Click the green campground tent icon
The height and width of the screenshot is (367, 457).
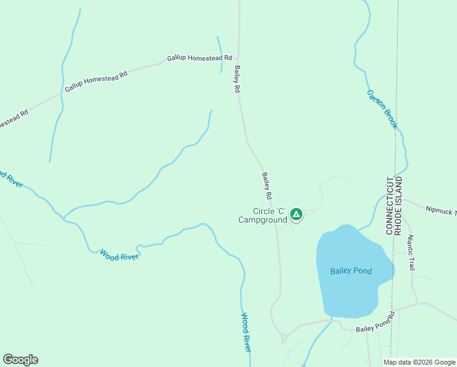[x=296, y=213]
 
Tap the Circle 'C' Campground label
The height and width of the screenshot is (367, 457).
[x=263, y=215]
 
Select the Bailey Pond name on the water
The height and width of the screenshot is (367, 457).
[x=351, y=271]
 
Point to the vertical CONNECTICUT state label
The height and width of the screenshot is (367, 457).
[x=389, y=206]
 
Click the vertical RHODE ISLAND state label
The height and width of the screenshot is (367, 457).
[x=398, y=207]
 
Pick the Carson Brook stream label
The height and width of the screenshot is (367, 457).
[x=382, y=109]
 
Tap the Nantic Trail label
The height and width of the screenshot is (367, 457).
[x=411, y=253]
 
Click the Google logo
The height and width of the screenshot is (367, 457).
[x=20, y=360]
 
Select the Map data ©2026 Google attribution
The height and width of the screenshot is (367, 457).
[x=419, y=362]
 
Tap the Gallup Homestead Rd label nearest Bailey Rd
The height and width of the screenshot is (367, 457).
[x=200, y=58]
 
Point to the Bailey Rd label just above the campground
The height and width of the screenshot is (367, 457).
[x=267, y=187]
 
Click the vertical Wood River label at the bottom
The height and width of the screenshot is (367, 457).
[x=246, y=332]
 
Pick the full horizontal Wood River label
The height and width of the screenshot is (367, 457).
[x=119, y=255]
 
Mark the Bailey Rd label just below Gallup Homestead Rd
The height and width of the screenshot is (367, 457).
[x=236, y=80]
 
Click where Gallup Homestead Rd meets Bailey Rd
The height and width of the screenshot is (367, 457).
[x=238, y=57]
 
